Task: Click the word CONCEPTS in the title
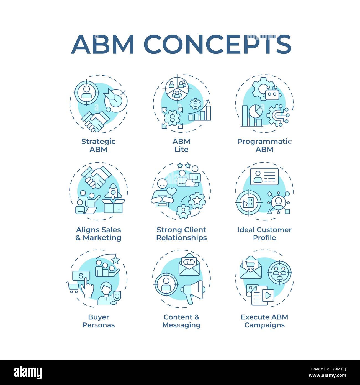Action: (x=217, y=44)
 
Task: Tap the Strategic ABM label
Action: (x=98, y=145)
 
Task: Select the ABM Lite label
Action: (x=181, y=145)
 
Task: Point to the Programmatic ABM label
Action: (x=264, y=145)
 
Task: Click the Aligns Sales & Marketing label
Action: (x=99, y=233)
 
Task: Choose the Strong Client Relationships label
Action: (x=181, y=233)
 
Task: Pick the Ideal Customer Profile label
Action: (x=264, y=233)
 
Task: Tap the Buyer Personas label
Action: (x=98, y=321)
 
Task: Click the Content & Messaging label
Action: (x=181, y=321)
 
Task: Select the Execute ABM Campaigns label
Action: (x=264, y=321)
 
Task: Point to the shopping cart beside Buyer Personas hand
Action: (x=72, y=287)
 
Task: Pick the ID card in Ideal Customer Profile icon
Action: (x=264, y=176)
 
